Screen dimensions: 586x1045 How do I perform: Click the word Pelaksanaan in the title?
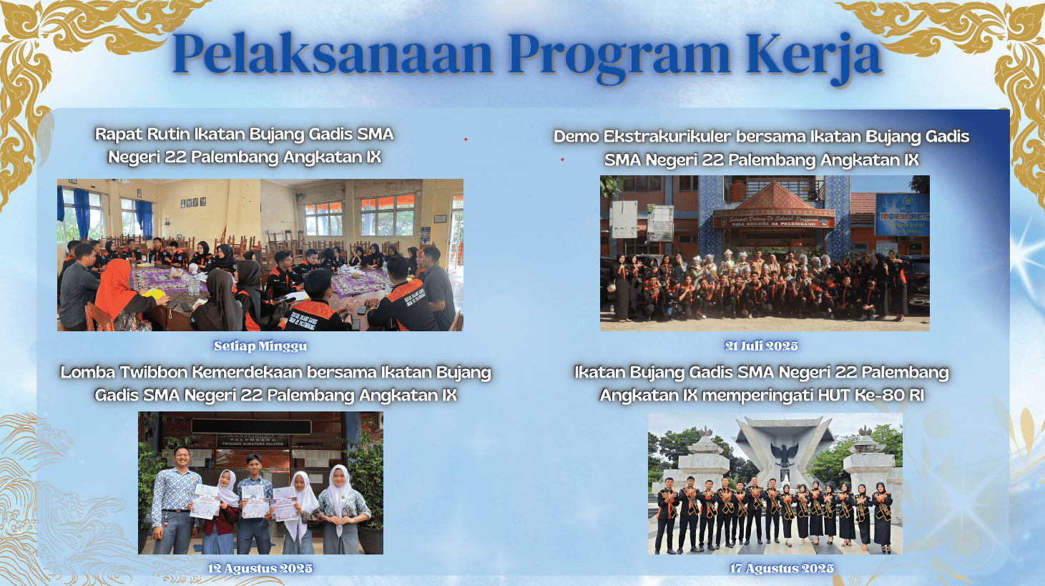coord(333,54)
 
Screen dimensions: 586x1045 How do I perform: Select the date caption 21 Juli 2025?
coord(761,346)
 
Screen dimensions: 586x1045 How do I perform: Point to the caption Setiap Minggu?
coord(260,346)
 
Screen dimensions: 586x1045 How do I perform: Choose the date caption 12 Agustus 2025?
coord(260,568)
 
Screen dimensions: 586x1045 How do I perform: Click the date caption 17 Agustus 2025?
coord(782,568)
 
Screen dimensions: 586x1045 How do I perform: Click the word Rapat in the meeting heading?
coord(119,134)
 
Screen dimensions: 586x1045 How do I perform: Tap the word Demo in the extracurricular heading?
coord(576,137)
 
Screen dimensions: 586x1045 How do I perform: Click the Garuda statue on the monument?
coord(785,452)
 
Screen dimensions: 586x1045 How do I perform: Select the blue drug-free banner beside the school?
coord(901,214)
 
